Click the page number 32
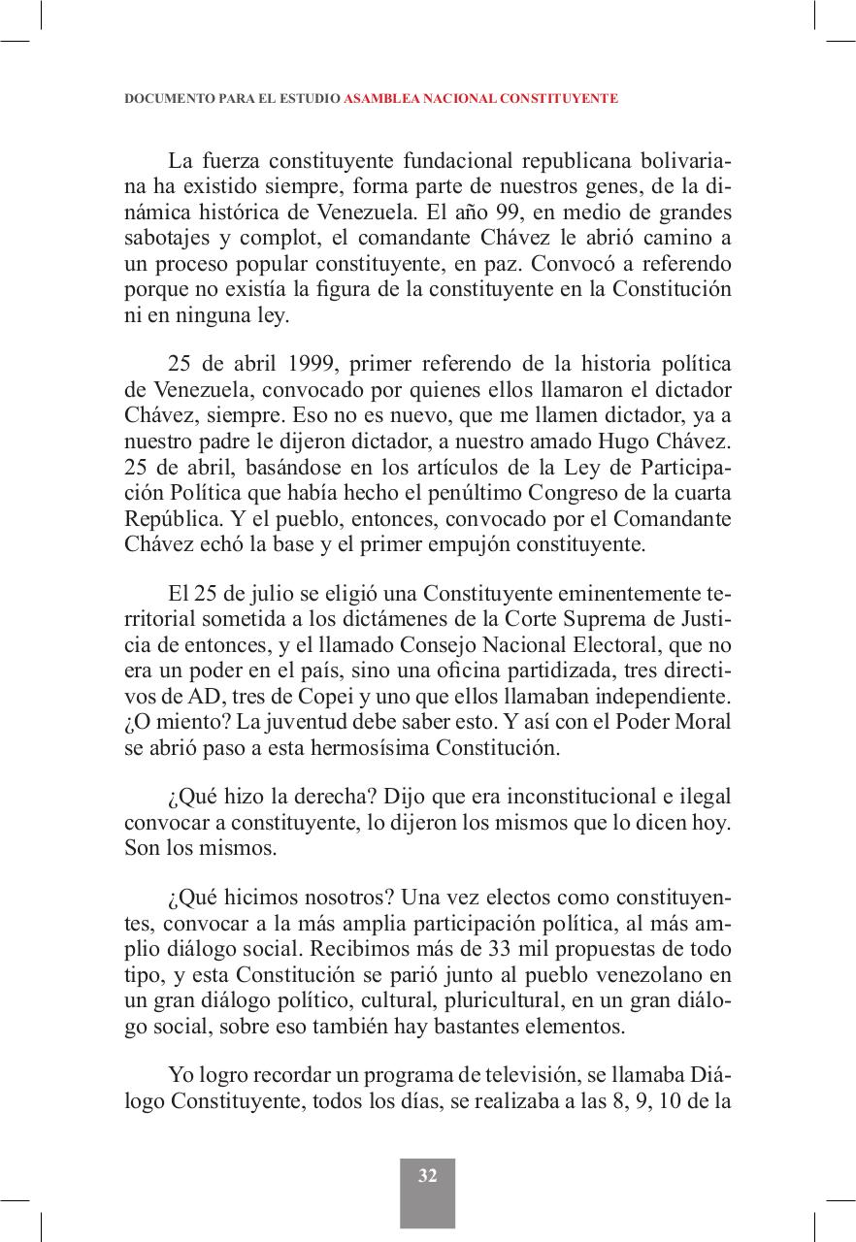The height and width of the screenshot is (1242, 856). (427, 1176)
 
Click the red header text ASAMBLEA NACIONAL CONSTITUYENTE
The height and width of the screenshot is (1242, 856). (480, 99)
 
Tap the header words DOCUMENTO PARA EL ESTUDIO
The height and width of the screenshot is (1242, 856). (232, 99)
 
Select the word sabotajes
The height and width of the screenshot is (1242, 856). (163, 238)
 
